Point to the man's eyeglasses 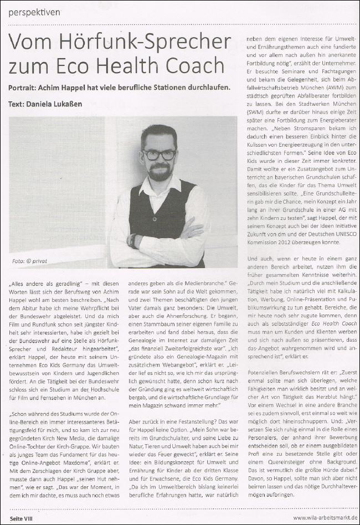point(160,155)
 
